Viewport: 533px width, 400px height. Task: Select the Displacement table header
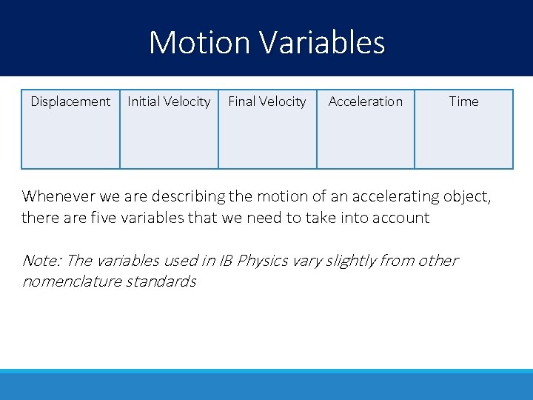tap(70, 101)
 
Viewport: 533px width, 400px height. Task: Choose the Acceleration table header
tap(365, 101)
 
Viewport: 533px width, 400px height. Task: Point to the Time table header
tap(463, 101)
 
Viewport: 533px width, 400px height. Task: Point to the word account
tap(400, 218)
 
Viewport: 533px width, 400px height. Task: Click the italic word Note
tap(41, 261)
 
